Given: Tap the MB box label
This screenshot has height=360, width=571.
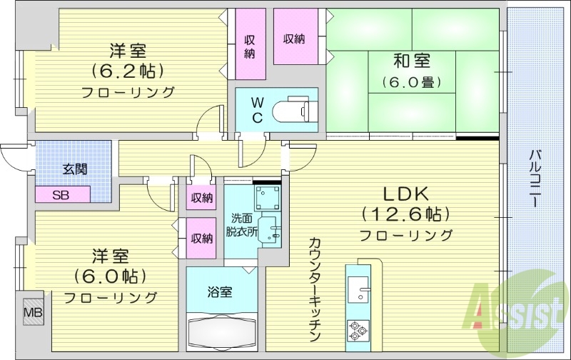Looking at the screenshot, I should (x=33, y=312).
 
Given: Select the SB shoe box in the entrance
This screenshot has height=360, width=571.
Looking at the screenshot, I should (x=61, y=194).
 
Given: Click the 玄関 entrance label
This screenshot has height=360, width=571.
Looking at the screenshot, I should (x=74, y=169).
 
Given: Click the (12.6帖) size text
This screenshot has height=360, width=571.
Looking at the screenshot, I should (x=405, y=214).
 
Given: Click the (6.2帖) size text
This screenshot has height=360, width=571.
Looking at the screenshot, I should (x=128, y=71).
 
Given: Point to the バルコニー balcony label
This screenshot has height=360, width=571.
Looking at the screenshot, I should (x=535, y=179).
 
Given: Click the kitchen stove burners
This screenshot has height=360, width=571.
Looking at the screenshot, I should (x=357, y=330).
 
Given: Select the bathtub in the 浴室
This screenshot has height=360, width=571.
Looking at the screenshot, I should (x=222, y=330).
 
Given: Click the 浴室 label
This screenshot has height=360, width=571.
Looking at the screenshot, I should (x=219, y=291).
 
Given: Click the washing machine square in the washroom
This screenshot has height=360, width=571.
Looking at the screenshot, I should (x=268, y=196).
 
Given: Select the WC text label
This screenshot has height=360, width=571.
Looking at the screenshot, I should (x=258, y=109).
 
